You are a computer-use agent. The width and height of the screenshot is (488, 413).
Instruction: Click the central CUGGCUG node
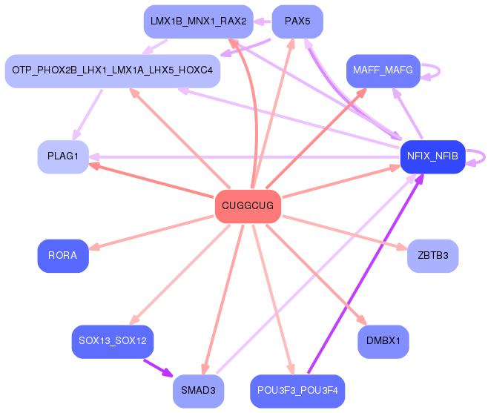click(x=248, y=206)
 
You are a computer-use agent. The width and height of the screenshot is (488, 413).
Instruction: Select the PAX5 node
click(x=297, y=22)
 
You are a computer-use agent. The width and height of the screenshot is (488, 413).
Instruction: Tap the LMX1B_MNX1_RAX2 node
click(x=199, y=22)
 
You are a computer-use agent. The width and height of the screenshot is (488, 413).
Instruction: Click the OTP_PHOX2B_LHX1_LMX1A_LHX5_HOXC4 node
click(x=113, y=71)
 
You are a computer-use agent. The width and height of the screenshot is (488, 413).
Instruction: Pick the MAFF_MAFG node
click(x=383, y=71)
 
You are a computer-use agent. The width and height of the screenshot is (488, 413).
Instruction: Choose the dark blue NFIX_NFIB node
click(x=432, y=156)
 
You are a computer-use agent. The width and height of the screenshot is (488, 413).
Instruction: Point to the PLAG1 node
click(x=63, y=156)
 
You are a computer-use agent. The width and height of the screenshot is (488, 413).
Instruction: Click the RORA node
click(x=63, y=256)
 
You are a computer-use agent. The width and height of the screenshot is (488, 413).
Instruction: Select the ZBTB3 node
click(x=432, y=256)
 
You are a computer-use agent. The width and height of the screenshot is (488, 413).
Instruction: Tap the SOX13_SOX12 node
click(x=113, y=341)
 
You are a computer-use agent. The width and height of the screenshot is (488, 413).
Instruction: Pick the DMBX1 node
click(x=383, y=341)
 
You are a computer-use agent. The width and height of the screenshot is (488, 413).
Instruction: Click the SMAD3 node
click(x=199, y=391)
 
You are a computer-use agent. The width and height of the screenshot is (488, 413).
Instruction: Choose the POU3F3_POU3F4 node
click(x=297, y=391)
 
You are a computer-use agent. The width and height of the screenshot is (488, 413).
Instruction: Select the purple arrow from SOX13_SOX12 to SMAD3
click(x=158, y=369)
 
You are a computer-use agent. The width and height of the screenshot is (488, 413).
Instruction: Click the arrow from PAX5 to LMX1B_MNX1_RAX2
click(x=263, y=22)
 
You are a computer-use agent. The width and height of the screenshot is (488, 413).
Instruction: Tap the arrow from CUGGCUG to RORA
click(x=151, y=233)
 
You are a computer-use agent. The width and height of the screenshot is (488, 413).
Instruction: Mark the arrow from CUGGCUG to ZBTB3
click(x=345, y=233)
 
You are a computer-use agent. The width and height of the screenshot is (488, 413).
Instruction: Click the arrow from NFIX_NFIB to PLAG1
click(x=245, y=157)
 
